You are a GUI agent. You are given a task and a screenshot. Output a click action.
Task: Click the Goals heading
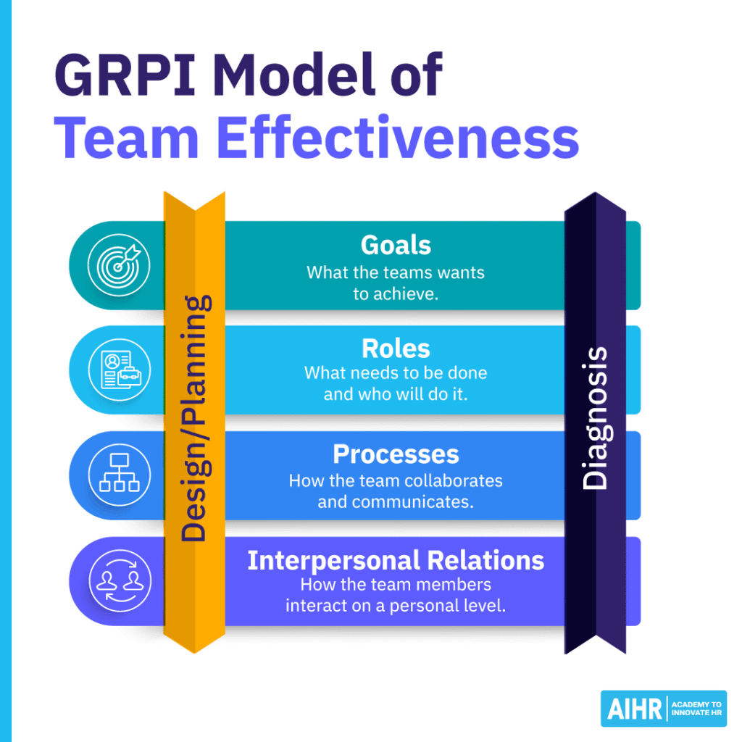point(396,246)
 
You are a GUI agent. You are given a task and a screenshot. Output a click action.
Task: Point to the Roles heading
point(396,349)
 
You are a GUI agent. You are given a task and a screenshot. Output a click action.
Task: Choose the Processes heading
point(396,454)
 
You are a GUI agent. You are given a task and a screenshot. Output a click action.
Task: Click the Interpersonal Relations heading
point(396,560)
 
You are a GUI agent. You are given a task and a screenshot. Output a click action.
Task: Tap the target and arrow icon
point(119,264)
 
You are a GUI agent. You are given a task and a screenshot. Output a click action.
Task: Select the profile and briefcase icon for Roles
point(119,370)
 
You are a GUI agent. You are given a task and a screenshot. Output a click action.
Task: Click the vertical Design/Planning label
point(194,418)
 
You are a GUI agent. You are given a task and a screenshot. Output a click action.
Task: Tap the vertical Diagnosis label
point(596,418)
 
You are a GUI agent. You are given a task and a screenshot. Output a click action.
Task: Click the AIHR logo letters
point(632,709)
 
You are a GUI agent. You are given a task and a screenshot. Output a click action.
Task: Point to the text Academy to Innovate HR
point(695,709)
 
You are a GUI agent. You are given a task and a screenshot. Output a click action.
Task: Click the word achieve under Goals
point(407,295)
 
